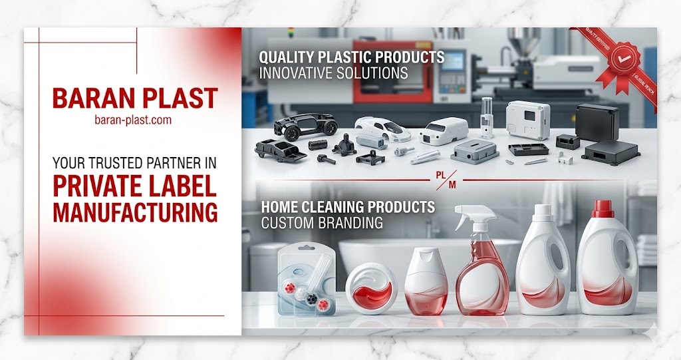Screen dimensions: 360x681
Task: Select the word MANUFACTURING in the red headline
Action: coord(135,212)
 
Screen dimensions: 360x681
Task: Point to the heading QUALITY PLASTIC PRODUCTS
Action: coord(351,57)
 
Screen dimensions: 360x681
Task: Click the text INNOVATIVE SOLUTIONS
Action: coord(333,73)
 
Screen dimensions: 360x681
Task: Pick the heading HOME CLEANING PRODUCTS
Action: coord(346,207)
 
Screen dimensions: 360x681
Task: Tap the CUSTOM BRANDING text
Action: coord(322,223)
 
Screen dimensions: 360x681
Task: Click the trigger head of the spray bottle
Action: coord(474,217)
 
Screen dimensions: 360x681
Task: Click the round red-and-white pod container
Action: coord(371,290)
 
